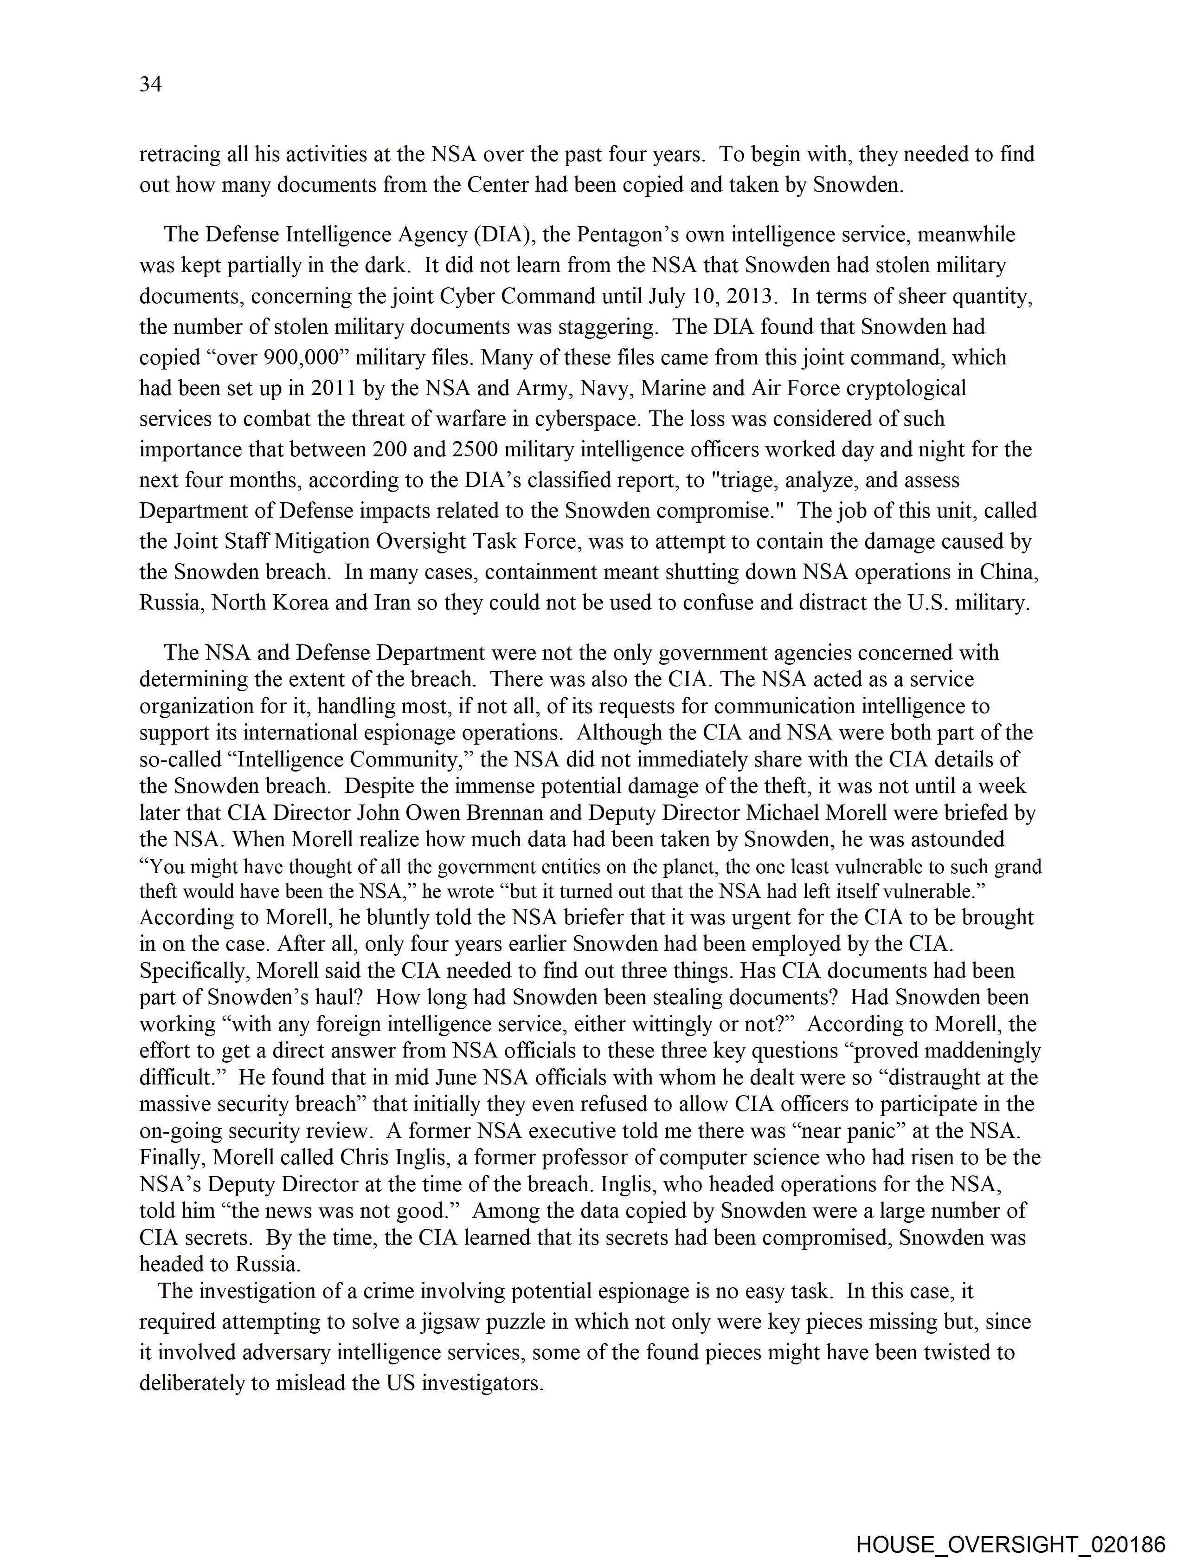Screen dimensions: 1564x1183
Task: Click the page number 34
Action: click(150, 84)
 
